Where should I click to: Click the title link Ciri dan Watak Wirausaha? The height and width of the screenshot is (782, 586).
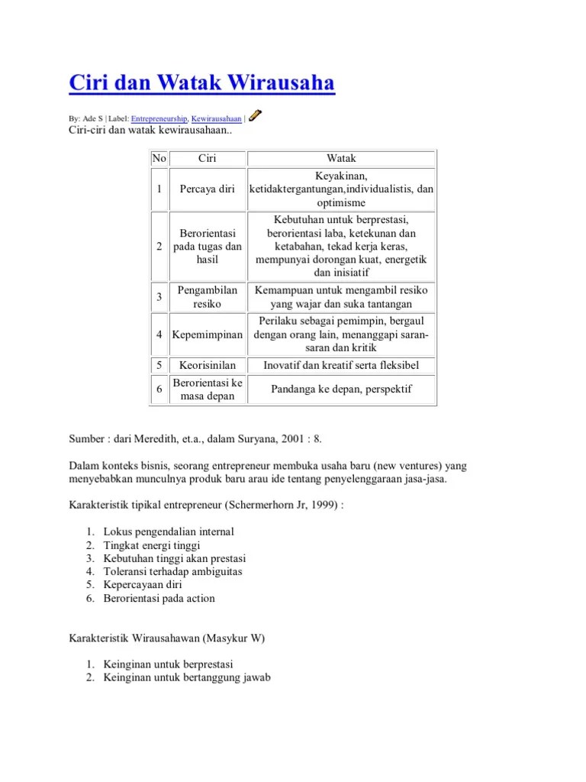click(201, 82)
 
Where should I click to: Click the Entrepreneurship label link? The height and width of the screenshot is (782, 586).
click(159, 119)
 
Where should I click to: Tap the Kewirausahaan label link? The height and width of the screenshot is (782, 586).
click(216, 119)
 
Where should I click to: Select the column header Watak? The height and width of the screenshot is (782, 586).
click(341, 158)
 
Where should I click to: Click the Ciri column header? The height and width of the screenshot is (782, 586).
click(208, 158)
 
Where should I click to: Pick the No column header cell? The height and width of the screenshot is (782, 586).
click(159, 158)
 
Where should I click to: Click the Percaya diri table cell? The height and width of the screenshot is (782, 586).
click(208, 189)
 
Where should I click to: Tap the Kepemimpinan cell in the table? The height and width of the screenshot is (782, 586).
click(208, 334)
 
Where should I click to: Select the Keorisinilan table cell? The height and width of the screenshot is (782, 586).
click(208, 366)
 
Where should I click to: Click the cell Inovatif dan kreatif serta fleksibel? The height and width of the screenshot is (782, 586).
click(341, 366)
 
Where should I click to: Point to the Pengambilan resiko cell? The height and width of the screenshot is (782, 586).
click(208, 297)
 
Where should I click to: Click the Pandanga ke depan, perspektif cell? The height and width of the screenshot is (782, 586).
click(341, 389)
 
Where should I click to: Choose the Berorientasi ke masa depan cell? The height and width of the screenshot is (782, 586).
click(208, 389)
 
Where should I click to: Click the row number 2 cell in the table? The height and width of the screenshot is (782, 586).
click(159, 247)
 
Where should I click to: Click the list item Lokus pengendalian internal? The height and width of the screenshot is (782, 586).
click(168, 532)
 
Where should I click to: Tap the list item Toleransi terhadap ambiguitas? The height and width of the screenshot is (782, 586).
click(173, 571)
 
